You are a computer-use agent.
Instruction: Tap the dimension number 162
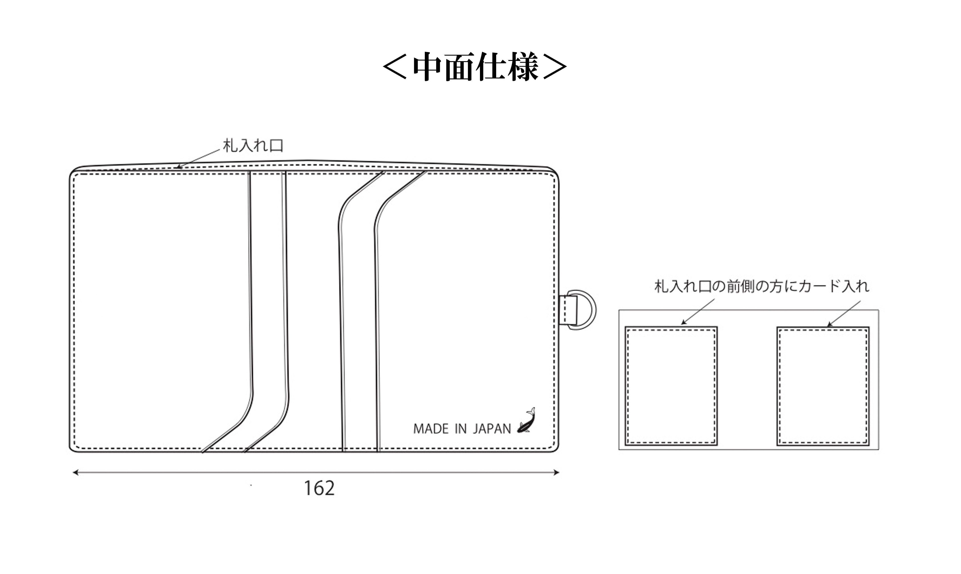(x=319, y=488)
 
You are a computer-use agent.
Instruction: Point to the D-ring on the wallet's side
(x=582, y=310)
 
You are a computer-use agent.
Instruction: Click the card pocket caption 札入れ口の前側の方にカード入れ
(x=761, y=286)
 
